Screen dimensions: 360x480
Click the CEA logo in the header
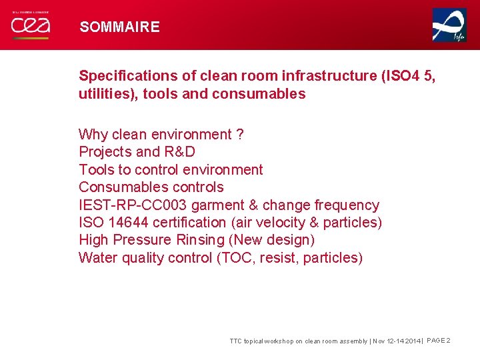click(30, 26)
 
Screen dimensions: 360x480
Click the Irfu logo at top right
click(449, 25)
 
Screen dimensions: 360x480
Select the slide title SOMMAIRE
click(120, 27)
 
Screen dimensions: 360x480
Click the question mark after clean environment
click(239, 135)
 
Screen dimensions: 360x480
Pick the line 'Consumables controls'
click(151, 187)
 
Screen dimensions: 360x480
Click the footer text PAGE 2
click(438, 341)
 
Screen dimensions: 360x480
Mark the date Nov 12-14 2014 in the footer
click(397, 341)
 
